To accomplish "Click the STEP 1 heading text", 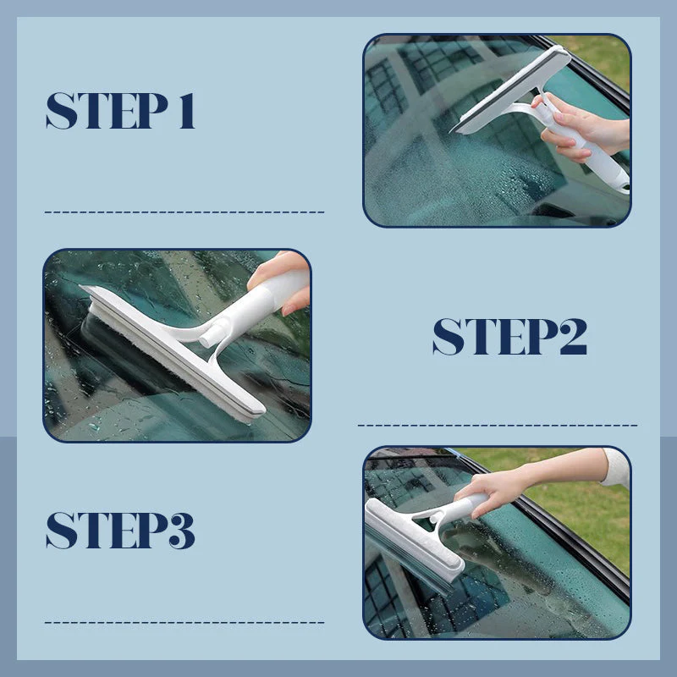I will (x=120, y=111).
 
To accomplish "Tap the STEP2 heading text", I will (x=509, y=337).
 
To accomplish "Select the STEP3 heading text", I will (x=120, y=531).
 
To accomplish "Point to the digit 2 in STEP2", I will (x=569, y=337).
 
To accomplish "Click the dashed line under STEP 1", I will (x=184, y=212).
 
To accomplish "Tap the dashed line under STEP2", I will (x=498, y=425).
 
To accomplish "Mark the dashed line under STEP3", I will (x=184, y=623).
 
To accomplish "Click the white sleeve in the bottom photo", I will (x=615, y=467).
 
